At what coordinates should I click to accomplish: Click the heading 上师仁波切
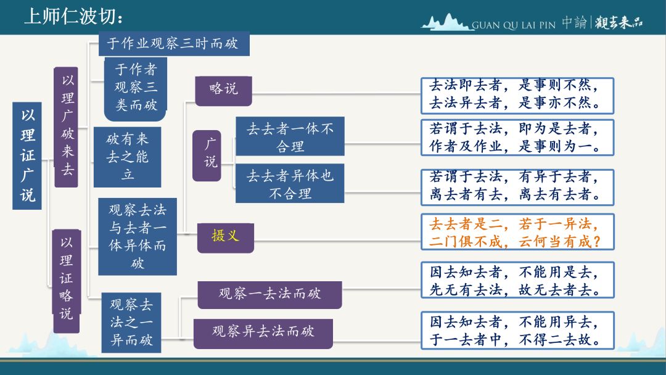click(74, 17)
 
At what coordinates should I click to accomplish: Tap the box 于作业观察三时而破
click(174, 44)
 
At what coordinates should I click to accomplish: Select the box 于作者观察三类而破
click(136, 89)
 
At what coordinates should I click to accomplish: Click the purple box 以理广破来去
click(66, 127)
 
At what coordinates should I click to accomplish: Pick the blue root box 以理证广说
click(27, 155)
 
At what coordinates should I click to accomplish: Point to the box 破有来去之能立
click(128, 157)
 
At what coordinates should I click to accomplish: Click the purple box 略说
click(223, 91)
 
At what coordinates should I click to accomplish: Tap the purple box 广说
click(207, 155)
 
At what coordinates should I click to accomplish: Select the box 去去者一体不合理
click(290, 136)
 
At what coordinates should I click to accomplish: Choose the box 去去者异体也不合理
click(290, 183)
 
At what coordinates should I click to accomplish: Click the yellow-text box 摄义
click(226, 238)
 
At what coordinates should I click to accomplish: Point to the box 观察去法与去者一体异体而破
click(138, 236)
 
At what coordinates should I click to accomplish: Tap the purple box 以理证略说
click(66, 281)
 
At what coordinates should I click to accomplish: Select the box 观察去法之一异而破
click(131, 323)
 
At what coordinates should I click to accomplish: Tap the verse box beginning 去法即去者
click(517, 96)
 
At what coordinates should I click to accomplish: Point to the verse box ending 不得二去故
click(517, 331)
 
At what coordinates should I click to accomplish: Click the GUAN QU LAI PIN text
click(514, 25)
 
